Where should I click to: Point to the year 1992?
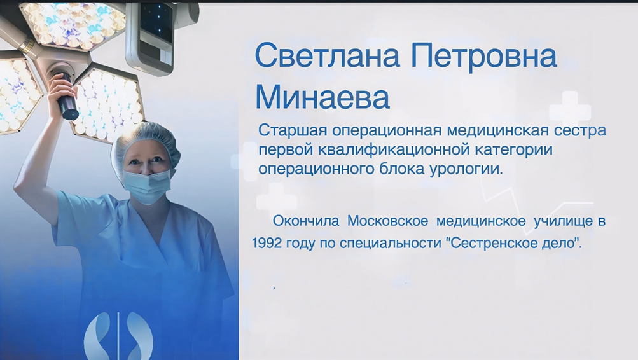pyautogui.click(x=267, y=243)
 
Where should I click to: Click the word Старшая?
pyautogui.click(x=293, y=130)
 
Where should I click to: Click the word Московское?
pyautogui.click(x=387, y=221)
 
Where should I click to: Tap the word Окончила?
pyautogui.click(x=305, y=221)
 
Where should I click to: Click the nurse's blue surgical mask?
pyautogui.click(x=147, y=185)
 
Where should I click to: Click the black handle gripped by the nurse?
pyautogui.click(x=66, y=97)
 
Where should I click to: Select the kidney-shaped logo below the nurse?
pyautogui.click(x=118, y=336)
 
